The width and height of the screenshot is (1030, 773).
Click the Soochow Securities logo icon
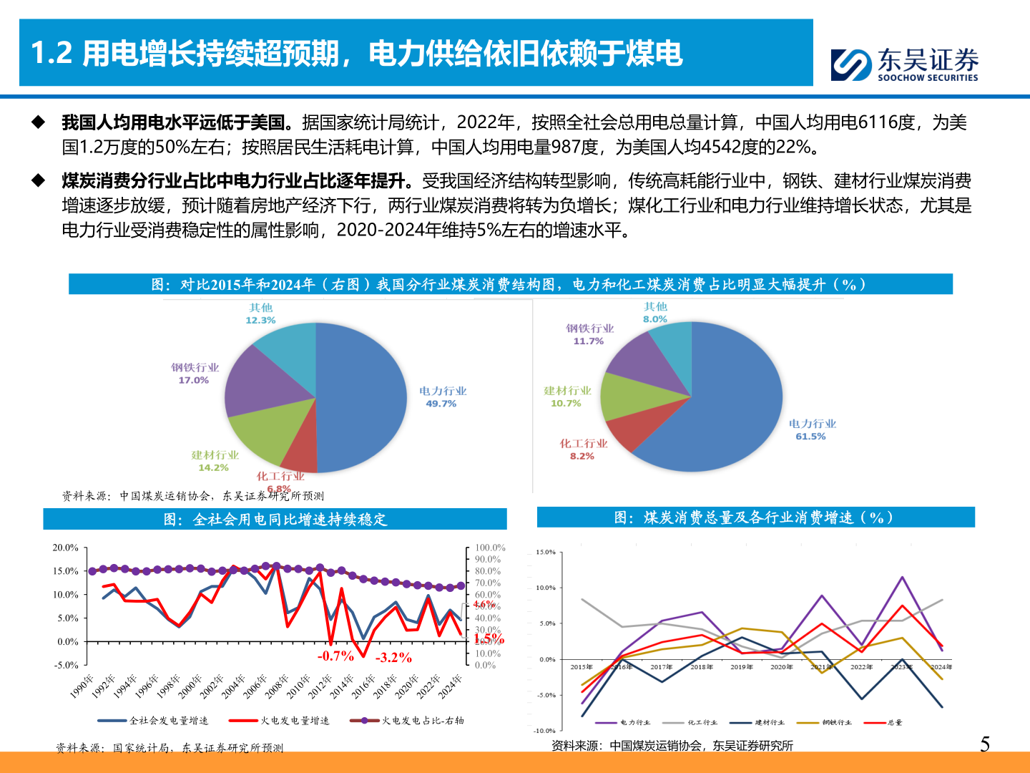[851, 64]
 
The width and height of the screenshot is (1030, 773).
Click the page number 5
[985, 744]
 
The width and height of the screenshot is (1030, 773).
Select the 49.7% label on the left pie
[441, 404]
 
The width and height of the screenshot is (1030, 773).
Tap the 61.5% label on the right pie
[810, 436]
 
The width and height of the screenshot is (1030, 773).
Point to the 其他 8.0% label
[655, 313]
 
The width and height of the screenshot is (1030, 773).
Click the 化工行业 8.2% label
[582, 449]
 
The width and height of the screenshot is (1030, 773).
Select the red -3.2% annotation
[393, 658]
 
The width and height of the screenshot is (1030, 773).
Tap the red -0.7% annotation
[335, 656]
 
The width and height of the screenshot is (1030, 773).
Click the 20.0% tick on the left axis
[65, 548]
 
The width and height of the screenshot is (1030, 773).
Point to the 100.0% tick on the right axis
[490, 548]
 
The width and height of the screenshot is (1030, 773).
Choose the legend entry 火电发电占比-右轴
[422, 721]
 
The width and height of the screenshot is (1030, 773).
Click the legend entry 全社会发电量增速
[168, 721]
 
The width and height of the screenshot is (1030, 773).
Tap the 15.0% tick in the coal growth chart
[546, 552]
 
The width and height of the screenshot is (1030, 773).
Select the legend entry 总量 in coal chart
[895, 722]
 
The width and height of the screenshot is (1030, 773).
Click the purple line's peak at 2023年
[902, 577]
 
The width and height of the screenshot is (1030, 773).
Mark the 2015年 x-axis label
[582, 667]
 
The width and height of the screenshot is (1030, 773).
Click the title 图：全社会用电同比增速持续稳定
[275, 519]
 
